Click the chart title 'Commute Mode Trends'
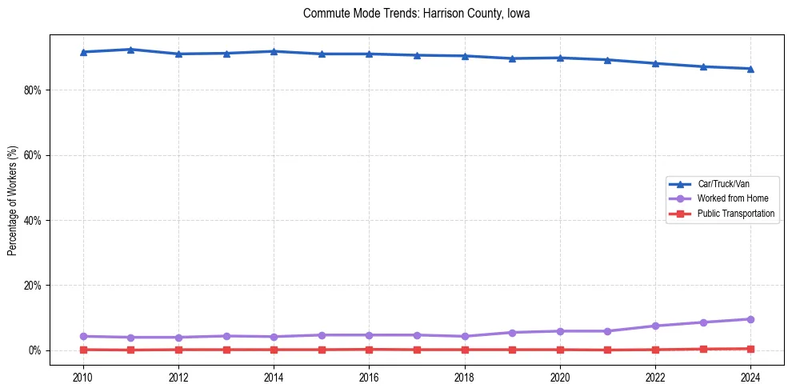point(416,14)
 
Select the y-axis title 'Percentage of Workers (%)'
point(13,201)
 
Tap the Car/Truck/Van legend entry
point(723,184)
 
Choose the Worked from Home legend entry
point(728,198)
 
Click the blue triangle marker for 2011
point(130,50)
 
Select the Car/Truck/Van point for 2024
point(750,69)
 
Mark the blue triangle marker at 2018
point(465,56)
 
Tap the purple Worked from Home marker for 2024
point(750,319)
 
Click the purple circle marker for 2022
point(655,326)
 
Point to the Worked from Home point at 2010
point(82,336)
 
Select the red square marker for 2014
point(274,350)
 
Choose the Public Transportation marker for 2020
point(560,350)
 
